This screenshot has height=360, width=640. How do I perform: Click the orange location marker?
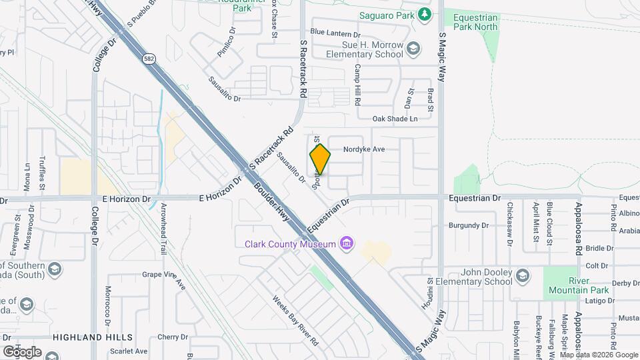[x=320, y=159]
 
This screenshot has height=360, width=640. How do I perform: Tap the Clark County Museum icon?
[x=346, y=244]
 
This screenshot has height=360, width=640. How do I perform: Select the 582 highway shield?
[x=149, y=59]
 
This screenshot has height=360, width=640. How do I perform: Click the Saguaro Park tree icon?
[x=425, y=14]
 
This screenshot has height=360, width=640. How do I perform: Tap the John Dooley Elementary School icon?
[x=523, y=275]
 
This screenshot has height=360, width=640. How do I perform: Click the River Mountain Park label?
[x=578, y=285]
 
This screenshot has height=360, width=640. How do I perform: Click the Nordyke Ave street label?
[x=364, y=150]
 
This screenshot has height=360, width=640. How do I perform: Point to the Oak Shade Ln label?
[x=395, y=119]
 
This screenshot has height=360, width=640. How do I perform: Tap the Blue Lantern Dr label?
[x=335, y=33]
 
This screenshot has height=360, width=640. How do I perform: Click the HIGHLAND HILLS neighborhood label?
[x=93, y=337]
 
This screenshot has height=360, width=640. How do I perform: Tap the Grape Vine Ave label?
[x=163, y=274]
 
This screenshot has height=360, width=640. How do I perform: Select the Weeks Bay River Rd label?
[x=295, y=321]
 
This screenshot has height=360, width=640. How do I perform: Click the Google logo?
[x=22, y=351]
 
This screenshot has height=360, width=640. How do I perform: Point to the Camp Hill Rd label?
[x=357, y=85]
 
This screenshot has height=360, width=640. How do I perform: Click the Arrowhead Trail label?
[x=163, y=230]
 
